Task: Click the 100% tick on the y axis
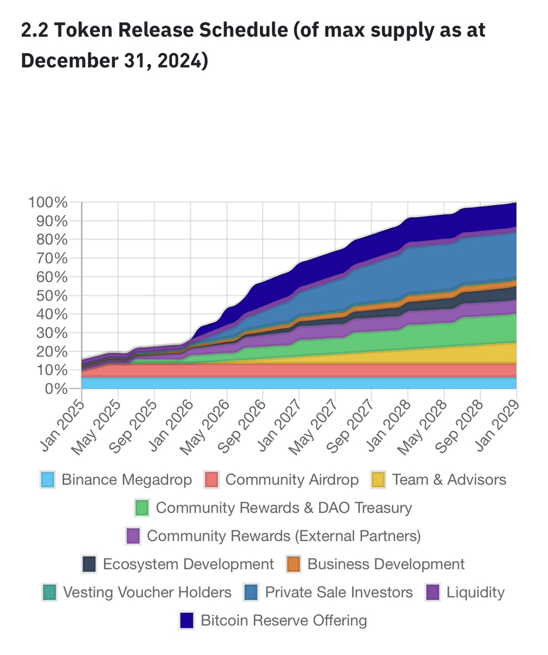(x=48, y=202)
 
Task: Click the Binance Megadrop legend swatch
(x=47, y=480)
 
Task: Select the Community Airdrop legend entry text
(x=292, y=480)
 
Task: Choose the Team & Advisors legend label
(x=449, y=480)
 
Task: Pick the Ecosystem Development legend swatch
(x=90, y=564)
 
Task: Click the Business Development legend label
(x=386, y=564)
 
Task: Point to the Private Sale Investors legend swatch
(x=251, y=592)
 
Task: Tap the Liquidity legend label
(x=475, y=592)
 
